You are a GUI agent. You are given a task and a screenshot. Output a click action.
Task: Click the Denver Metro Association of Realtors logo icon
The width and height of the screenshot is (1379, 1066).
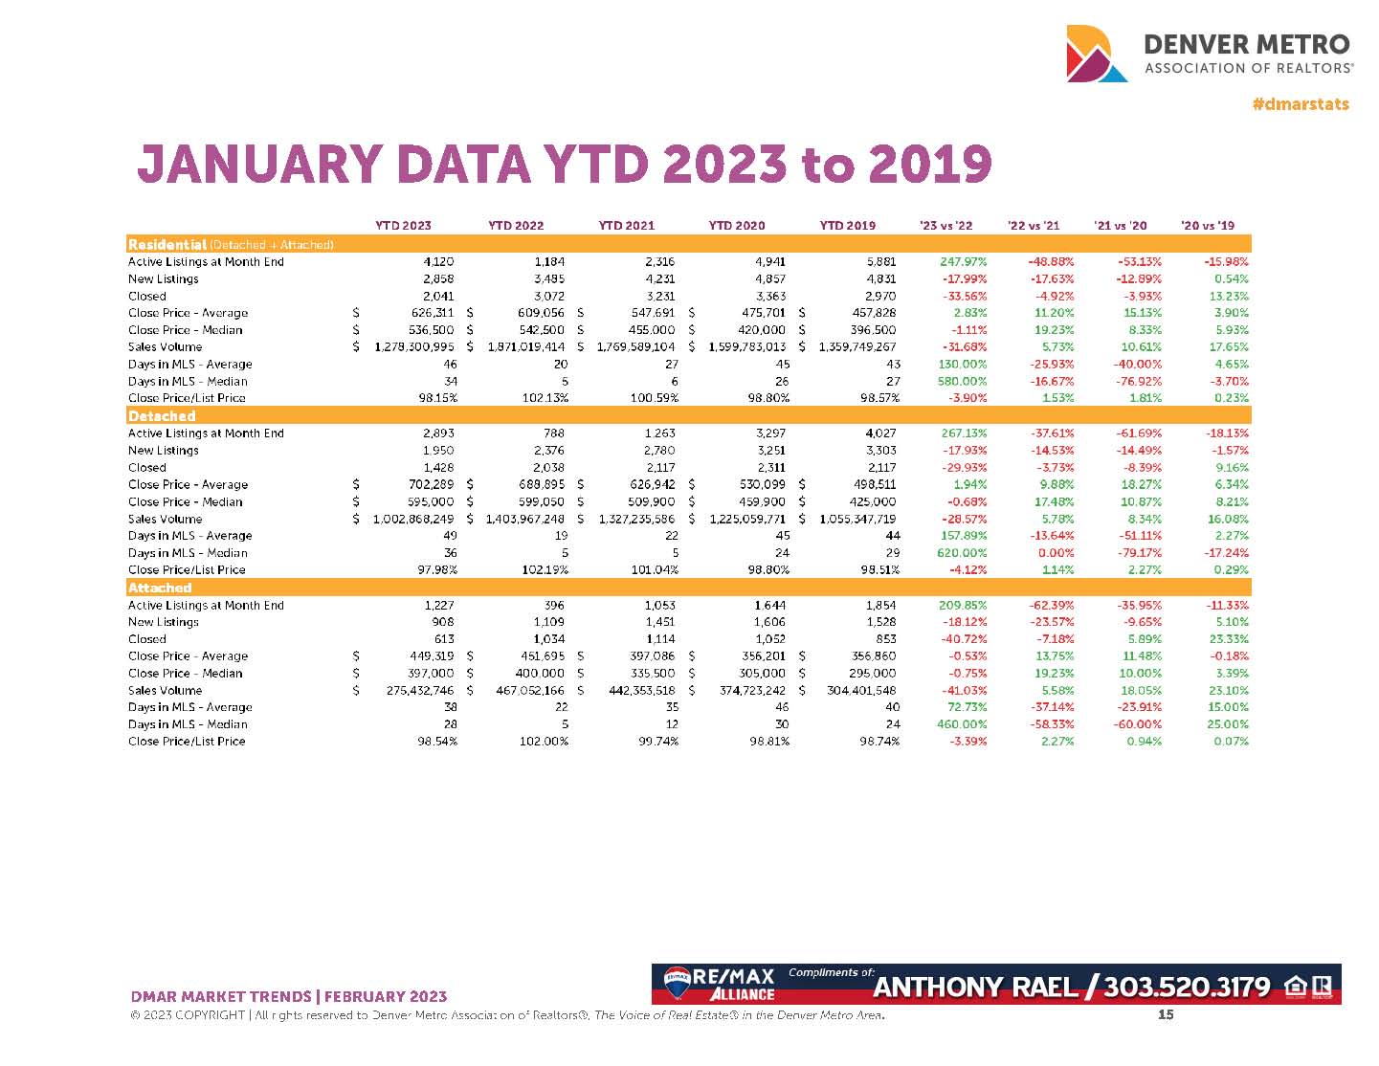1097,54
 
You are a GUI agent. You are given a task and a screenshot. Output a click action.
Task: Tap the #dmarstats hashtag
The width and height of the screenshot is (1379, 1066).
1301,104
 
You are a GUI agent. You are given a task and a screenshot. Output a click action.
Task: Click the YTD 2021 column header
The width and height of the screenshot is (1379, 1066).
626,226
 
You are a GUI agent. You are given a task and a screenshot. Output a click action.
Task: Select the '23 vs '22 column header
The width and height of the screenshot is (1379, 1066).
945,226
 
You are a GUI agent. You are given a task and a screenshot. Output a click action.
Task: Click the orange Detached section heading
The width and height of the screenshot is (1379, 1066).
162,416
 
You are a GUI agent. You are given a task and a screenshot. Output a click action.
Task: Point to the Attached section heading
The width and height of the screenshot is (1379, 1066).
160,588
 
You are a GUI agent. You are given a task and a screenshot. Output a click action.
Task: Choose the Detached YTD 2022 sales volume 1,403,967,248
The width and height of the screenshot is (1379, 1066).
519,519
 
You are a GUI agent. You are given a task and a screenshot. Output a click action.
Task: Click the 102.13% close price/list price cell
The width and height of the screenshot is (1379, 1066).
542,398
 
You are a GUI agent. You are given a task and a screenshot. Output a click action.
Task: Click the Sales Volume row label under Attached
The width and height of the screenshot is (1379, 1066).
165,690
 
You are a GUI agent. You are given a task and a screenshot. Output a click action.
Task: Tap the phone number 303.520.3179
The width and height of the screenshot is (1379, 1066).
1187,987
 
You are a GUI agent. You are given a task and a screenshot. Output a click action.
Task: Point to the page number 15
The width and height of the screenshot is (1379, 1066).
1166,1015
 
